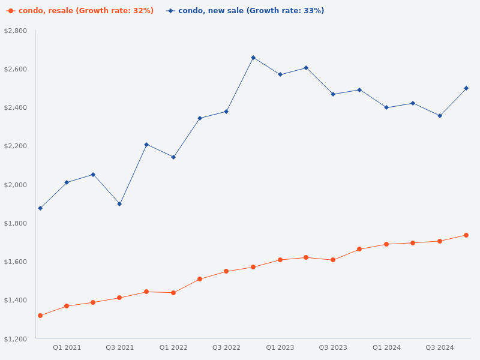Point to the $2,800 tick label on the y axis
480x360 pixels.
pos(16,31)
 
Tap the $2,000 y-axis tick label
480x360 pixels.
pos(16,185)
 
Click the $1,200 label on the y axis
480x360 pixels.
pos(16,339)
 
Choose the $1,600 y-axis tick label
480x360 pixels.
pos(16,262)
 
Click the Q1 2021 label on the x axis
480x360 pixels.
pos(67,347)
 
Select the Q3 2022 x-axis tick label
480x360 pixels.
pos(226,347)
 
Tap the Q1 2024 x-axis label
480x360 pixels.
pos(386,347)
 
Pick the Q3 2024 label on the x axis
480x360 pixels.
pos(440,347)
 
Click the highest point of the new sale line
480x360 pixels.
pos(253,58)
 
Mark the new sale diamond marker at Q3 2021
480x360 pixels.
pos(119,204)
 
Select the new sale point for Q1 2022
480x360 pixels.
pos(173,157)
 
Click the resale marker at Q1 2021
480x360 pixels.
pos(67,306)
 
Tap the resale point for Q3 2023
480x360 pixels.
pos(333,260)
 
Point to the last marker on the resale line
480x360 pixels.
pos(466,235)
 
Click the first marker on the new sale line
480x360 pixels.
pos(40,208)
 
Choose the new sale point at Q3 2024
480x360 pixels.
pos(440,116)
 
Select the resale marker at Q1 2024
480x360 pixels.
pos(386,244)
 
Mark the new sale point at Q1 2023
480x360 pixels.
pos(280,74)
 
